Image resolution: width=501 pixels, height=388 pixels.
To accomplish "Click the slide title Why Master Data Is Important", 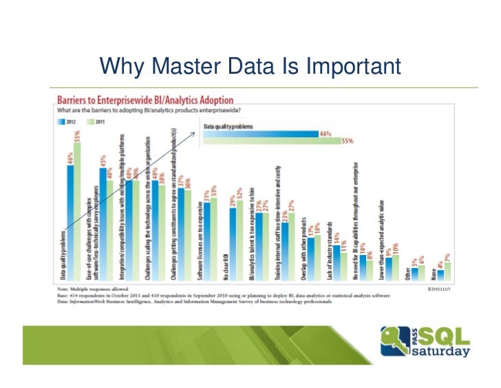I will click(250, 67).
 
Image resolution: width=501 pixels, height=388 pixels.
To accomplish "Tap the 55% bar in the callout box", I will click(272, 141).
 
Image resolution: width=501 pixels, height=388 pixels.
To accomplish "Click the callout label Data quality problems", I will click(228, 127).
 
